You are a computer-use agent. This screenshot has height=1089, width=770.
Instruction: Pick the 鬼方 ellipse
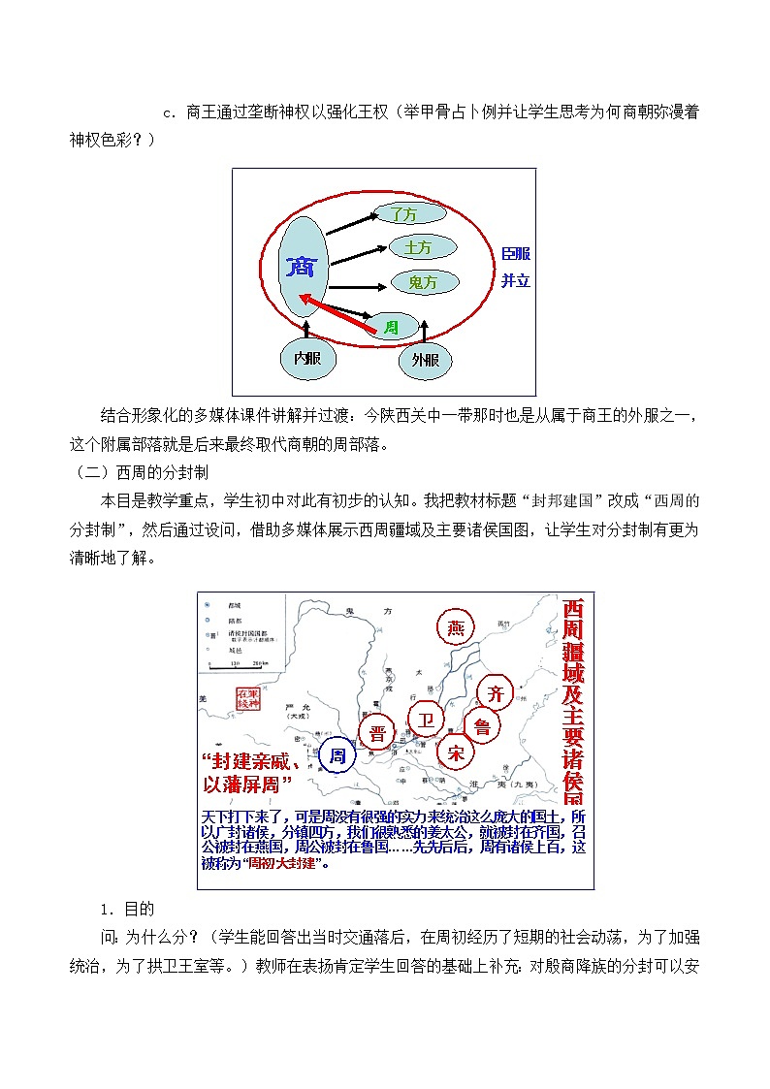pyautogui.click(x=424, y=282)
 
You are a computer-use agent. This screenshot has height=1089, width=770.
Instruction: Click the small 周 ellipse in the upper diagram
pyautogui.click(x=391, y=328)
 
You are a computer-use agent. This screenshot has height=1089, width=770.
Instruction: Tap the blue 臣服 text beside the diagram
pyautogui.click(x=516, y=253)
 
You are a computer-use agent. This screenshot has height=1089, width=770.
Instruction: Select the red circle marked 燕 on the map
pyautogui.click(x=457, y=627)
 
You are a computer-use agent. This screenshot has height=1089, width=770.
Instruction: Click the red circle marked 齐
pyautogui.click(x=496, y=691)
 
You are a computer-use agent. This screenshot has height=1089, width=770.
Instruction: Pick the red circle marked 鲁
pyautogui.click(x=482, y=724)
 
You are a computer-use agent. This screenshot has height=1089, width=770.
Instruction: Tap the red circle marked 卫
pyautogui.click(x=425, y=719)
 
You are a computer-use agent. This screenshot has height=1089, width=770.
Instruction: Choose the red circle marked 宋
pyautogui.click(x=456, y=751)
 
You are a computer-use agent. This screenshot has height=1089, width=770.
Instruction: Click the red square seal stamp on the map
pyautogui.click(x=248, y=698)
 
